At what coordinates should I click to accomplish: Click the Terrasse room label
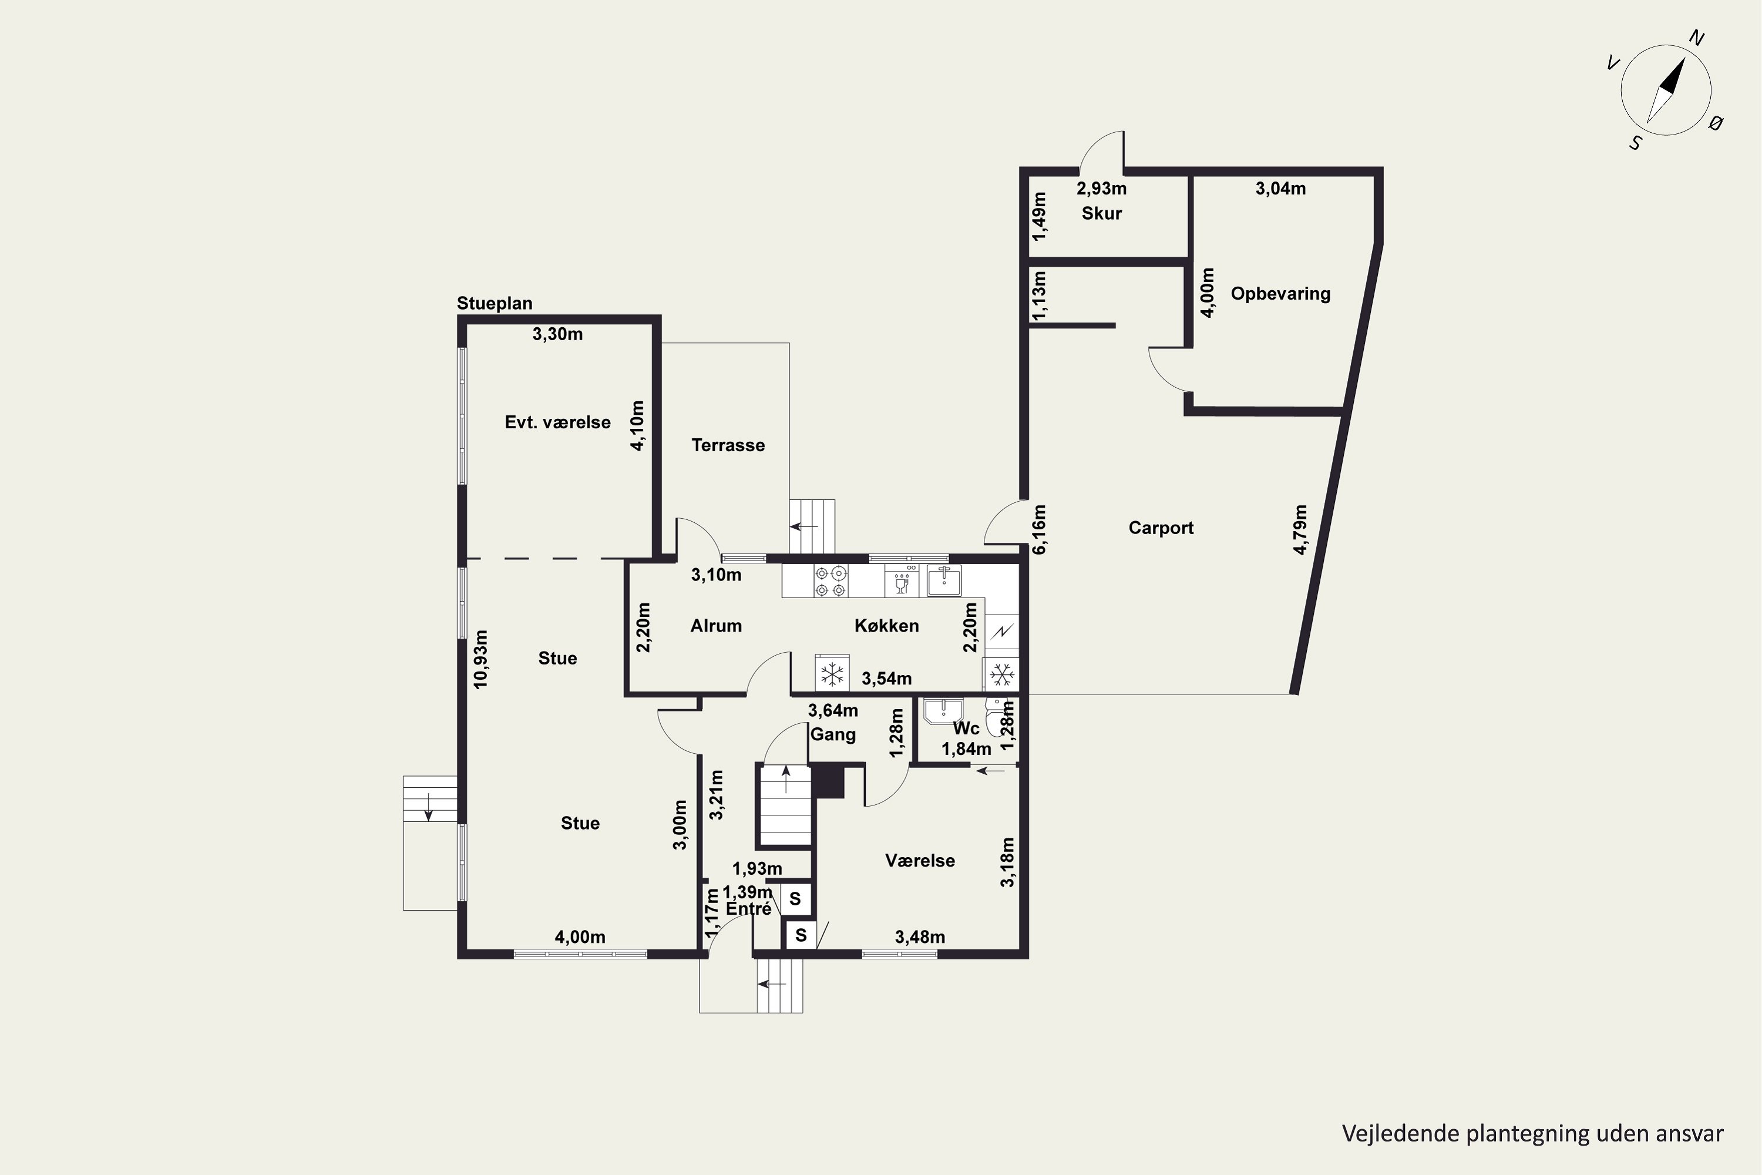[728, 445]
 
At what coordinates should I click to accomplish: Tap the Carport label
[1161, 528]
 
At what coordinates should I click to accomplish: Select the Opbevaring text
[1280, 294]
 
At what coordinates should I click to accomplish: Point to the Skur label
[1101, 214]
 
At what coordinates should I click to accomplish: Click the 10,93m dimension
[481, 659]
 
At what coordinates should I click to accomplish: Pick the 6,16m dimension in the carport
[1039, 529]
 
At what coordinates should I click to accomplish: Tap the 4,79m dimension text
[1300, 529]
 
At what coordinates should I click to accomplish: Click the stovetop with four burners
[832, 582]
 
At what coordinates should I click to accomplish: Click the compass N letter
[1697, 38]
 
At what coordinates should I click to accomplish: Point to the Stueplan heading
[495, 304]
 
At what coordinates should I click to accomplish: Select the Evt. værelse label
[557, 422]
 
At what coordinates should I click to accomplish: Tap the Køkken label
[886, 626]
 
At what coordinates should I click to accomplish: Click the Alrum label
[716, 626]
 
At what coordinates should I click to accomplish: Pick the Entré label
[748, 908]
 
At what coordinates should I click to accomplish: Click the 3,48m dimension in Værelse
[920, 936]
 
